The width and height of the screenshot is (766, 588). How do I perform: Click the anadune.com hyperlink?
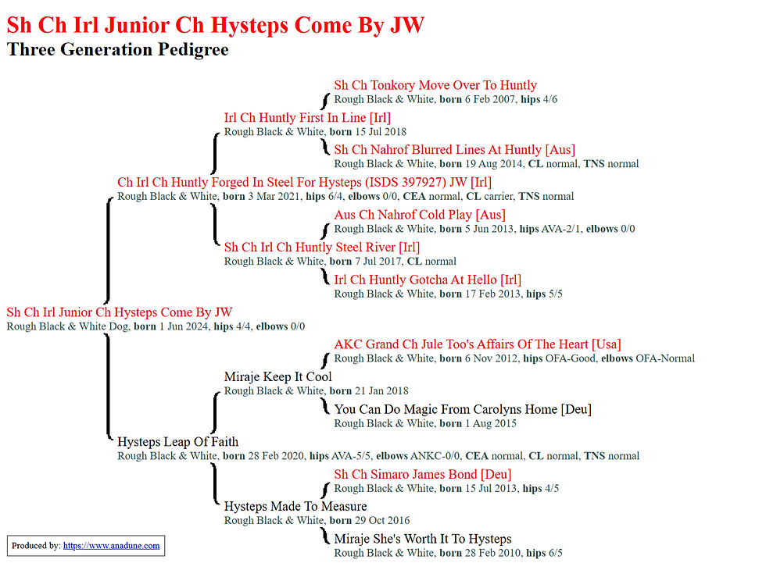tap(111, 546)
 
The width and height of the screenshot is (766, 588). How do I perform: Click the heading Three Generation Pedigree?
tap(118, 49)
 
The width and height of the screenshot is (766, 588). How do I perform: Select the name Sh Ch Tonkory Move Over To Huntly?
tap(435, 85)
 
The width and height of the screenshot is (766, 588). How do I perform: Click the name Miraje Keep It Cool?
tap(278, 376)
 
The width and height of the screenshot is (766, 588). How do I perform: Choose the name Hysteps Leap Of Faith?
tap(178, 442)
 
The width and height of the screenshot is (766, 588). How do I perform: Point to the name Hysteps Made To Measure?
tap(295, 507)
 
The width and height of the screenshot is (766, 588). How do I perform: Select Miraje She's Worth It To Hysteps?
tap(423, 540)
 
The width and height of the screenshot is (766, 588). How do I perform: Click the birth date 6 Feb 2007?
tap(490, 99)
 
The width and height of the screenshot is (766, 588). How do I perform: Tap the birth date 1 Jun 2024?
tap(184, 326)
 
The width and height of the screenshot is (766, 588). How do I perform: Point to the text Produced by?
tap(36, 546)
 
